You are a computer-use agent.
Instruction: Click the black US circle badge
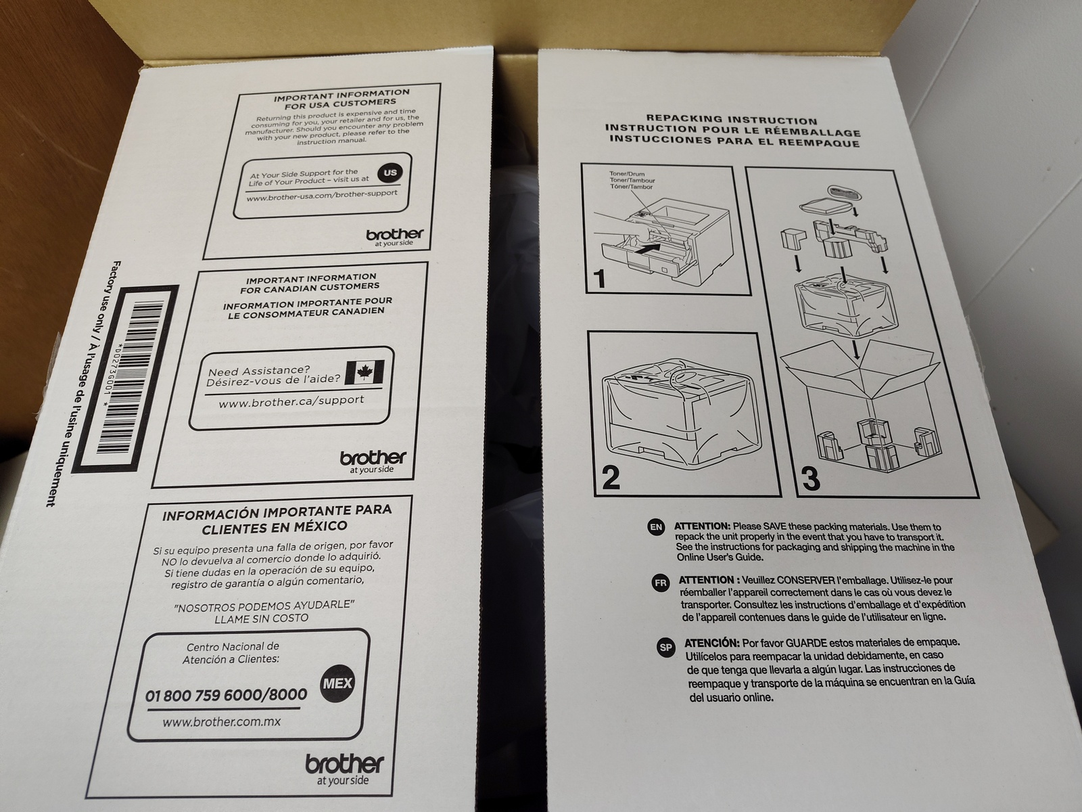click(x=390, y=173)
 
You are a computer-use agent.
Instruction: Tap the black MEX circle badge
click(x=337, y=683)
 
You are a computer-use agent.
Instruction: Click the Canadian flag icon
click(x=364, y=373)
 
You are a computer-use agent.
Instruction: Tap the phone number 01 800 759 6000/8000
click(x=226, y=695)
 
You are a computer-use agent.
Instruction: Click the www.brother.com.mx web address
click(x=221, y=722)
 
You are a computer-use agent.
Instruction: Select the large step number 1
click(x=600, y=278)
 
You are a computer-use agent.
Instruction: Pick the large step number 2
click(x=611, y=477)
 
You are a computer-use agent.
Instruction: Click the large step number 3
click(x=811, y=478)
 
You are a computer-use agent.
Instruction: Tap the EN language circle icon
click(x=656, y=526)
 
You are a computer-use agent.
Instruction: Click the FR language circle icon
click(x=660, y=583)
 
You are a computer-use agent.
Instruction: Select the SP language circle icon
click(x=665, y=648)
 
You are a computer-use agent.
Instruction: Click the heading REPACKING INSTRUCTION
click(x=732, y=120)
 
